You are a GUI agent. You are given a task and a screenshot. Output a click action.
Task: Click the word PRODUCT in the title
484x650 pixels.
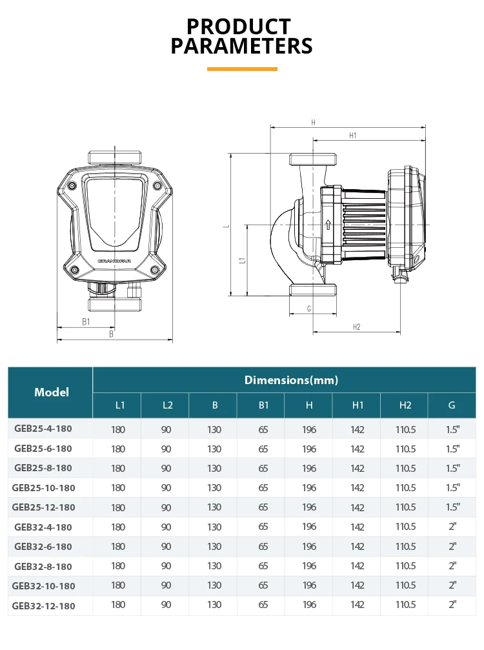tap(239, 26)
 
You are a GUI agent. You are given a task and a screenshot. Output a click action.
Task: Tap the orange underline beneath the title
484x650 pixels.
tap(242, 69)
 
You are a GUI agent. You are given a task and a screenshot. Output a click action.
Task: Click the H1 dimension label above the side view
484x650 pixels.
tap(352, 136)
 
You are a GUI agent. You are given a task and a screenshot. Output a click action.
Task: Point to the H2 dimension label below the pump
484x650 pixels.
tap(357, 327)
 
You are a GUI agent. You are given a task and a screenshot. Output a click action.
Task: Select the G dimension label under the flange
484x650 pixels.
tap(309, 309)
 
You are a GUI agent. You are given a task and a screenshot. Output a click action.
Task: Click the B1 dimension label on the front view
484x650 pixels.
tap(86, 321)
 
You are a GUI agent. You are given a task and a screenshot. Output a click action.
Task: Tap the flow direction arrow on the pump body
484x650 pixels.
tap(328, 225)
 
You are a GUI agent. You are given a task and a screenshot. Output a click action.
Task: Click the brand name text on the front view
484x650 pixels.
tap(114, 261)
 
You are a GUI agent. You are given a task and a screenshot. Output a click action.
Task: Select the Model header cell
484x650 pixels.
tap(52, 392)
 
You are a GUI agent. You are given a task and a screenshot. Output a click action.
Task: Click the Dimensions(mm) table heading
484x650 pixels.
tap(291, 380)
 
